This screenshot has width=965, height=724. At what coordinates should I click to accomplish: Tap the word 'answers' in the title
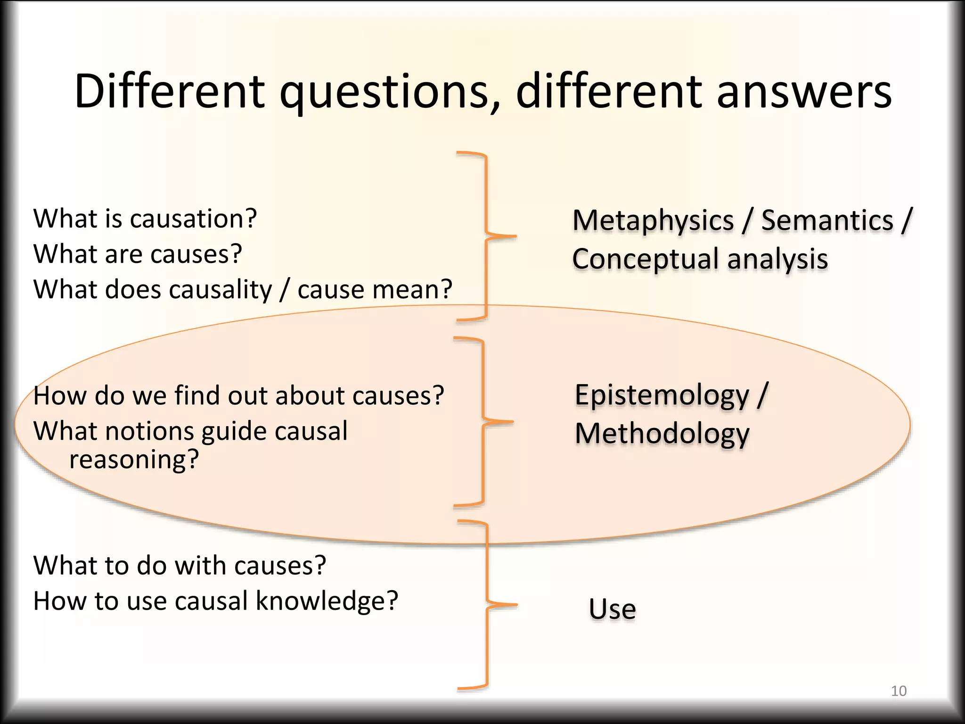pyautogui.click(x=804, y=92)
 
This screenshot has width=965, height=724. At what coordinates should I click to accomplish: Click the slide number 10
pyautogui.click(x=899, y=691)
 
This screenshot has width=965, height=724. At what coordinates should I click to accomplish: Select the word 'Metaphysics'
pyautogui.click(x=653, y=221)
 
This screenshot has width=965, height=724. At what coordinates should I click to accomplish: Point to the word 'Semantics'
pyautogui.click(x=827, y=221)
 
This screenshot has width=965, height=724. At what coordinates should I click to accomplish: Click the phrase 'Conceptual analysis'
pyautogui.click(x=700, y=259)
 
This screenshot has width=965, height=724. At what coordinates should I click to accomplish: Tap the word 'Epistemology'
pyautogui.click(x=662, y=395)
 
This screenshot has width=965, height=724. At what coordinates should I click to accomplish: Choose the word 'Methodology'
pyautogui.click(x=662, y=434)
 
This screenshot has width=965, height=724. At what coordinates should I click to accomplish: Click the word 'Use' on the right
pyautogui.click(x=612, y=609)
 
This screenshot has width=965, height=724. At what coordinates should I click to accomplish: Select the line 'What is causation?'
pyautogui.click(x=145, y=219)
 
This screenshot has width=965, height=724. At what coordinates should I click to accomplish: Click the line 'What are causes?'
pyautogui.click(x=138, y=254)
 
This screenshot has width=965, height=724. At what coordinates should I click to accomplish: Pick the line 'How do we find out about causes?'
pyautogui.click(x=238, y=395)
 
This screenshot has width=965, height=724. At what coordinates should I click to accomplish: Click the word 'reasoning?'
pyautogui.click(x=134, y=460)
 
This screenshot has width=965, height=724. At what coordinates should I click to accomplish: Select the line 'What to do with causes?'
pyautogui.click(x=180, y=566)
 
